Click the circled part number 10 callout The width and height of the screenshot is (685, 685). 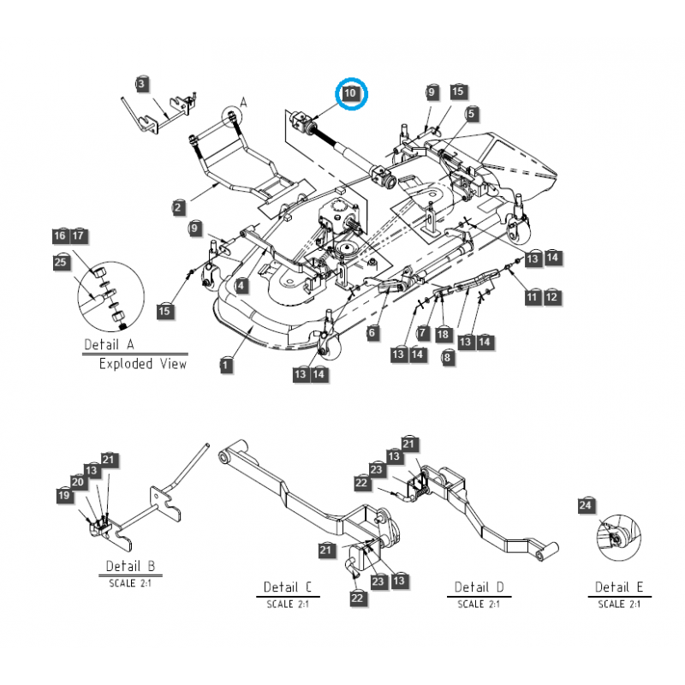pos(352,92)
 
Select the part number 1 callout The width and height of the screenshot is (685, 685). pos(225,366)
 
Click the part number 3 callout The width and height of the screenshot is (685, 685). pos(141,83)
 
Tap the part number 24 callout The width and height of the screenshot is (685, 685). pos(585,506)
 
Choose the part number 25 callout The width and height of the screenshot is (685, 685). pos(60,262)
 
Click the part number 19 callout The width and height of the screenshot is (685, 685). pos(63,494)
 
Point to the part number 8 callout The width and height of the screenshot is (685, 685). pos(448,359)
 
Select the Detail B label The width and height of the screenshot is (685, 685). pos(129,566)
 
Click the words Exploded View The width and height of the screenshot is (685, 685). pos(142,364)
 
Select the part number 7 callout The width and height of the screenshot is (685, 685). pos(422,331)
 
